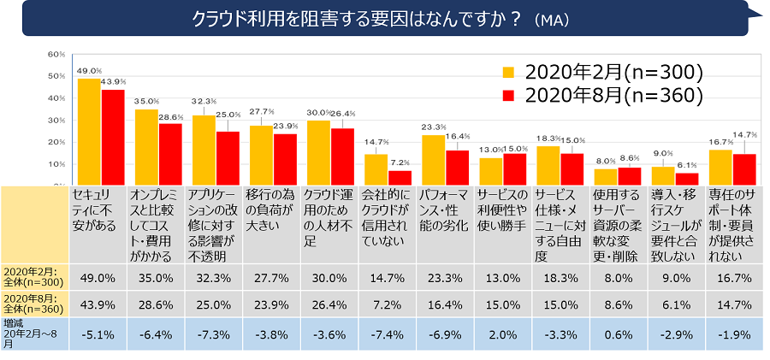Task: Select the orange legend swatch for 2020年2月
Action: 508,71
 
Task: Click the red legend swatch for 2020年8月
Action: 508,95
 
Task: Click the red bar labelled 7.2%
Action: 400,176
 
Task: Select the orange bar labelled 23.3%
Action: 434,159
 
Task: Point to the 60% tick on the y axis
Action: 56,54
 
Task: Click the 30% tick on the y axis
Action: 56,120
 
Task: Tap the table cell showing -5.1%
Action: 98,334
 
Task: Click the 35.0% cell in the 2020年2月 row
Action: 156,278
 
